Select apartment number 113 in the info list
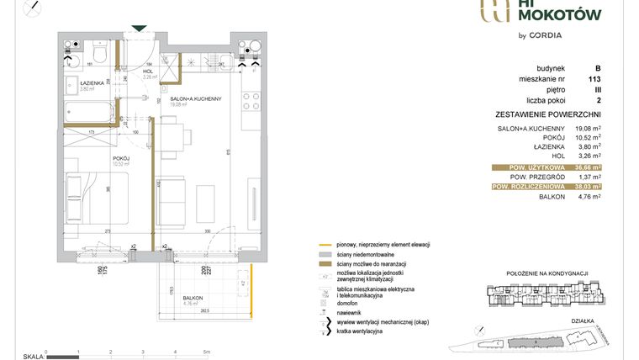click(x=598, y=79)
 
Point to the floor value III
click(x=598, y=89)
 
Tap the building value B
click(x=598, y=68)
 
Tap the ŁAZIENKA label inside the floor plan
click(x=92, y=83)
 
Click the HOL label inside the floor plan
click(x=148, y=71)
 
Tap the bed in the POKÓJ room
click(x=92, y=202)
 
